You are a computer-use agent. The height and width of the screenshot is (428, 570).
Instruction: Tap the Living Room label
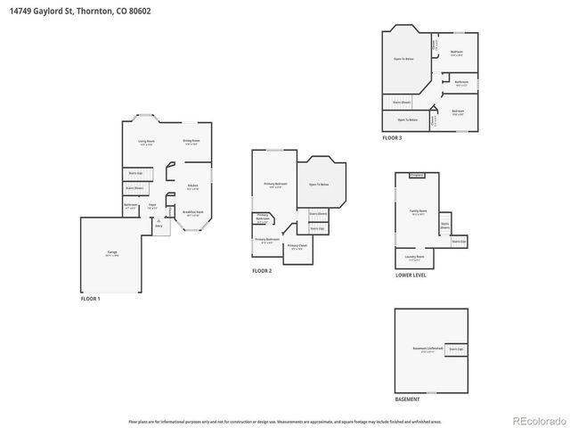coord(146,142)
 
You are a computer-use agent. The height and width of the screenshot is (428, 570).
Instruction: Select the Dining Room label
coord(191,141)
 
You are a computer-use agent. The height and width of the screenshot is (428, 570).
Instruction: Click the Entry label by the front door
coord(159,226)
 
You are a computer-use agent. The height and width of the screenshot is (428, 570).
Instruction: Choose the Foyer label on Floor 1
coord(152,206)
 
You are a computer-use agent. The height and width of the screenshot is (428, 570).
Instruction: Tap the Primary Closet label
coord(297,245)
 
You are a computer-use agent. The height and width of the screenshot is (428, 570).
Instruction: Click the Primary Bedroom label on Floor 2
coord(274,185)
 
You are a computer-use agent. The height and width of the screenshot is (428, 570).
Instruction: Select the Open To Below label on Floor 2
coord(319,184)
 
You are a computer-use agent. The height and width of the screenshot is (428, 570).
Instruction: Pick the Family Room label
coord(417,211)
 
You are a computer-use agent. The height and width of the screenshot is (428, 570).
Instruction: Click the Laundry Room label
coord(415,257)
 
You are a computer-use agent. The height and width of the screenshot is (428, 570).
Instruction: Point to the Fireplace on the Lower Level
coord(416,176)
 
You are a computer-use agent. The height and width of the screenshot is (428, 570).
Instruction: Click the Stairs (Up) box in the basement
coord(456,348)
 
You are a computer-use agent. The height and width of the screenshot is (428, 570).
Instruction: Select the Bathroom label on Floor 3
coord(461,82)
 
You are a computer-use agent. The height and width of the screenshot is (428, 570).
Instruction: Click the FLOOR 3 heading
coord(392,138)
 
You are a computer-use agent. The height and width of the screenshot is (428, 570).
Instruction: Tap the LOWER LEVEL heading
coord(411,276)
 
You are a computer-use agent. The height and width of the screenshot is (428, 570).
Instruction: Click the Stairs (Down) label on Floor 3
coord(402,103)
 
